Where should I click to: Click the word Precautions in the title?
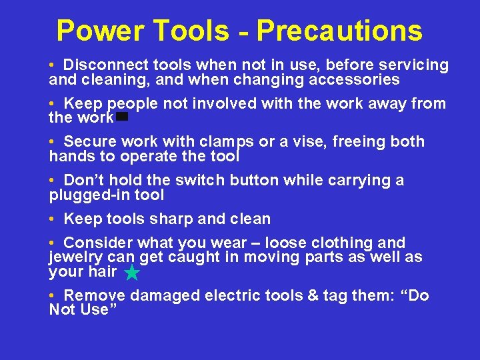tap(339, 31)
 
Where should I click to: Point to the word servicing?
tap(414, 65)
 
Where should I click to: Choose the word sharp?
tap(172, 219)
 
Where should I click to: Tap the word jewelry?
tap(75, 257)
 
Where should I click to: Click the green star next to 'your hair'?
tap(132, 272)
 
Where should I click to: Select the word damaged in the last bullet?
tap(163, 295)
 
